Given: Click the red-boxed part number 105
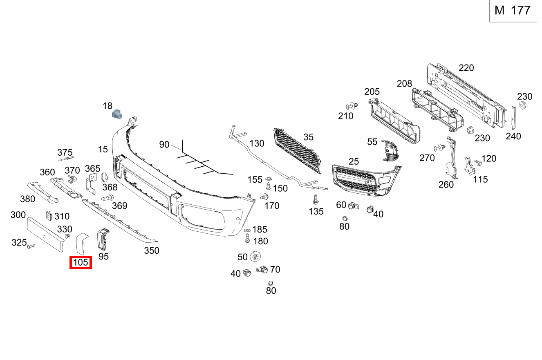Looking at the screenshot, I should coord(81,262).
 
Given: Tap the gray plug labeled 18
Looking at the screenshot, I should coord(117,114).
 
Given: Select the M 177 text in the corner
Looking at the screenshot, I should coord(513,11).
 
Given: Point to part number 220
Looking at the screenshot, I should coord(466,68).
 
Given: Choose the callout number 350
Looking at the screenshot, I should coord(151,250).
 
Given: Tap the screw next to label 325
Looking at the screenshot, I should coord(31,246).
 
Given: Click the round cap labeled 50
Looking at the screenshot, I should coord(255,257).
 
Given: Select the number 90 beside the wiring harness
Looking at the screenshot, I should coord(164,145).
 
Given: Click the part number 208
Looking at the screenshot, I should coord(404,84).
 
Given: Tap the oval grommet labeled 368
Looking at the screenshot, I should coord(103,177).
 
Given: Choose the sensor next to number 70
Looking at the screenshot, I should coord(262,270).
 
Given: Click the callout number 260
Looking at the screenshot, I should coord(446,185).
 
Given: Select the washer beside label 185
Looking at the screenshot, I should coord(248,231).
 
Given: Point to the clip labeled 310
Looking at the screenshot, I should coord(48,216).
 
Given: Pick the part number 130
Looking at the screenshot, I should coord(257,143).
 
